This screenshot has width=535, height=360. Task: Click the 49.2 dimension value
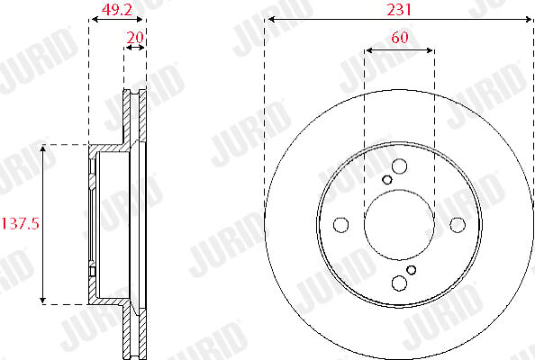coord(117,10)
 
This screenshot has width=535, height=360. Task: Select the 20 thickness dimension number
coord(135,37)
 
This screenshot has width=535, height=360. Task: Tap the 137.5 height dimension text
coord(21,224)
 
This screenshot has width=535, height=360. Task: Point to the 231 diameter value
coord(399,10)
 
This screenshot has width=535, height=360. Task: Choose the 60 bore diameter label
coord(400,37)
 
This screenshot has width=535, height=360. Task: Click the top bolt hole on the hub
coord(399,166)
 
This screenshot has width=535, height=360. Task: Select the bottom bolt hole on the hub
coord(399,283)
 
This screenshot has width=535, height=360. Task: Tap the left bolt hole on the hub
coord(340,225)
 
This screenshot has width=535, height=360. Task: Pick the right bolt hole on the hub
coord(458,225)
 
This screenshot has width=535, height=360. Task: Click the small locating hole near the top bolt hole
coord(387,180)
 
